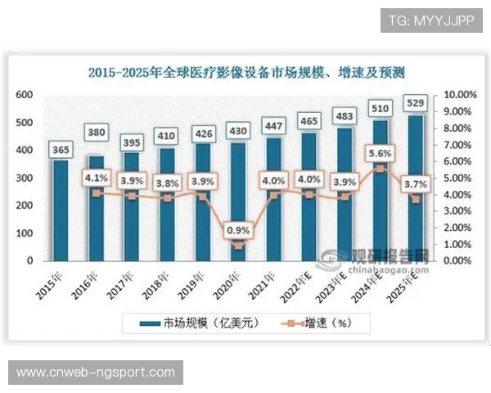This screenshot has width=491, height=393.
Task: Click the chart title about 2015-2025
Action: click(x=245, y=73)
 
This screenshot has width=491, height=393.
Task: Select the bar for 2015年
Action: click(x=61, y=210)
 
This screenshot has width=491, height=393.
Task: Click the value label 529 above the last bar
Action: click(x=417, y=103)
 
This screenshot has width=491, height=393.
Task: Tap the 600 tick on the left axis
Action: click(x=25, y=95)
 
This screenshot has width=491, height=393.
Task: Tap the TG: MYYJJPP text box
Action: click(x=430, y=20)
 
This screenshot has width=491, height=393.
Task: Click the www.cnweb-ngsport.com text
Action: click(x=95, y=373)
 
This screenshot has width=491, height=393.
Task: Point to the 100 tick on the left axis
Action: click(x=25, y=233)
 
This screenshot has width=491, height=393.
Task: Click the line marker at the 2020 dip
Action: click(x=239, y=246)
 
